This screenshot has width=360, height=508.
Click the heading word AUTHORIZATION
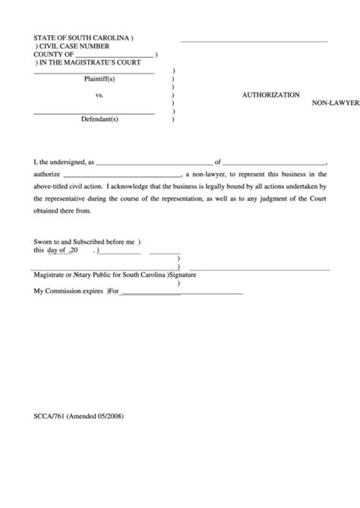point(270,96)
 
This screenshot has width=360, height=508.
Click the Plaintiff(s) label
point(99,79)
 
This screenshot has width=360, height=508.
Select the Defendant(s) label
point(99,119)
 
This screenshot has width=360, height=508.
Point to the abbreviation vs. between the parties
point(99,96)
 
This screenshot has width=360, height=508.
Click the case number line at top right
point(254,40)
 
